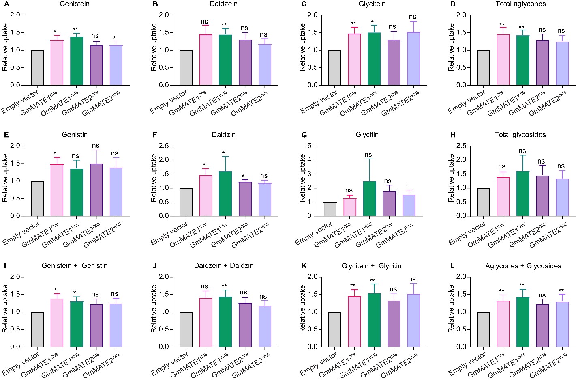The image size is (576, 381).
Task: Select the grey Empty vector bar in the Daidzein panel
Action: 186,68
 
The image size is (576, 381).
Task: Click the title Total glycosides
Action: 520,135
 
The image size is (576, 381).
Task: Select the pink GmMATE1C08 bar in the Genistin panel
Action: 57,190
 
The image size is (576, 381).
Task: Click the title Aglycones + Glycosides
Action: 523,266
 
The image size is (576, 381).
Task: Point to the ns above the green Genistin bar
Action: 75,156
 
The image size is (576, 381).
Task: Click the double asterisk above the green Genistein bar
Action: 75,29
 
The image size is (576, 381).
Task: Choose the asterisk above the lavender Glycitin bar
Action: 409,185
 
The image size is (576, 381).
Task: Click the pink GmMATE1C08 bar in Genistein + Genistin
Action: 57,323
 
